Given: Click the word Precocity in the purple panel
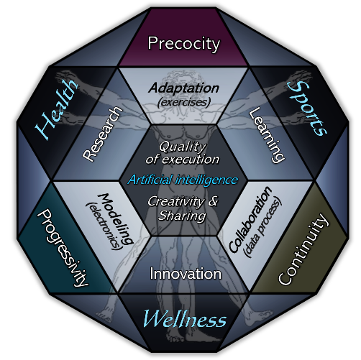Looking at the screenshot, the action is (183, 44).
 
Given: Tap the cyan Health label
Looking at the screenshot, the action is (57, 109).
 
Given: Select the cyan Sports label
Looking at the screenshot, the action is (307, 109).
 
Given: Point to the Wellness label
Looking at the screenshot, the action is (184, 319).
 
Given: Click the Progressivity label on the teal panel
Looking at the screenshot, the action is (63, 248).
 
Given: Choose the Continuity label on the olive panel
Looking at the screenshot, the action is (303, 249).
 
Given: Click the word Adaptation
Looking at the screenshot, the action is (184, 88).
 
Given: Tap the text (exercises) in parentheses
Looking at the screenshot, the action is (184, 102).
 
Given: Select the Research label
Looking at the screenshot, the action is (102, 134).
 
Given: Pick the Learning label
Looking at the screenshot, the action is (267, 135).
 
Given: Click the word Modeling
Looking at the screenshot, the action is (115, 218).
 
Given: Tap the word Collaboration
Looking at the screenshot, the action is (250, 219).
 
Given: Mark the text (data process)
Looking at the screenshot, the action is (262, 228).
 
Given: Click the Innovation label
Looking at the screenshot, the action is (186, 274).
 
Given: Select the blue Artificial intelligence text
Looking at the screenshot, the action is (183, 180).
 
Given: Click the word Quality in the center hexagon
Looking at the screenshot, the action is (183, 147).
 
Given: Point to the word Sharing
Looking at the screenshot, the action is (182, 216).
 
